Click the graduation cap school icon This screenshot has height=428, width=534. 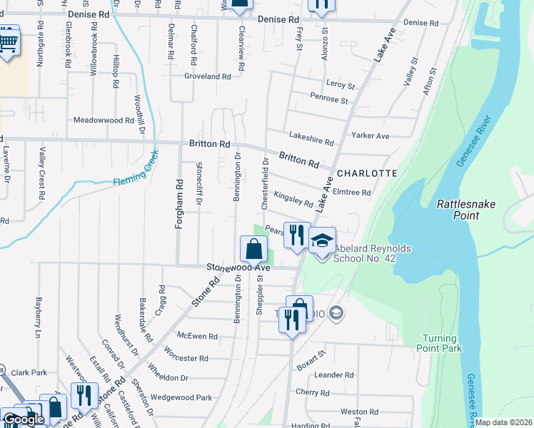click(322, 240)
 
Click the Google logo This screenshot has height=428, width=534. click(23, 419)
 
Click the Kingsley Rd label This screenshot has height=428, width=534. click(293, 199)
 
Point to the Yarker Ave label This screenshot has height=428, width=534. click(370, 136)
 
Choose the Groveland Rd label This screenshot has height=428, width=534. click(208, 76)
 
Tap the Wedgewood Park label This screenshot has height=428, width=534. click(181, 397)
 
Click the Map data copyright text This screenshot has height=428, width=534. click(503, 422)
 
